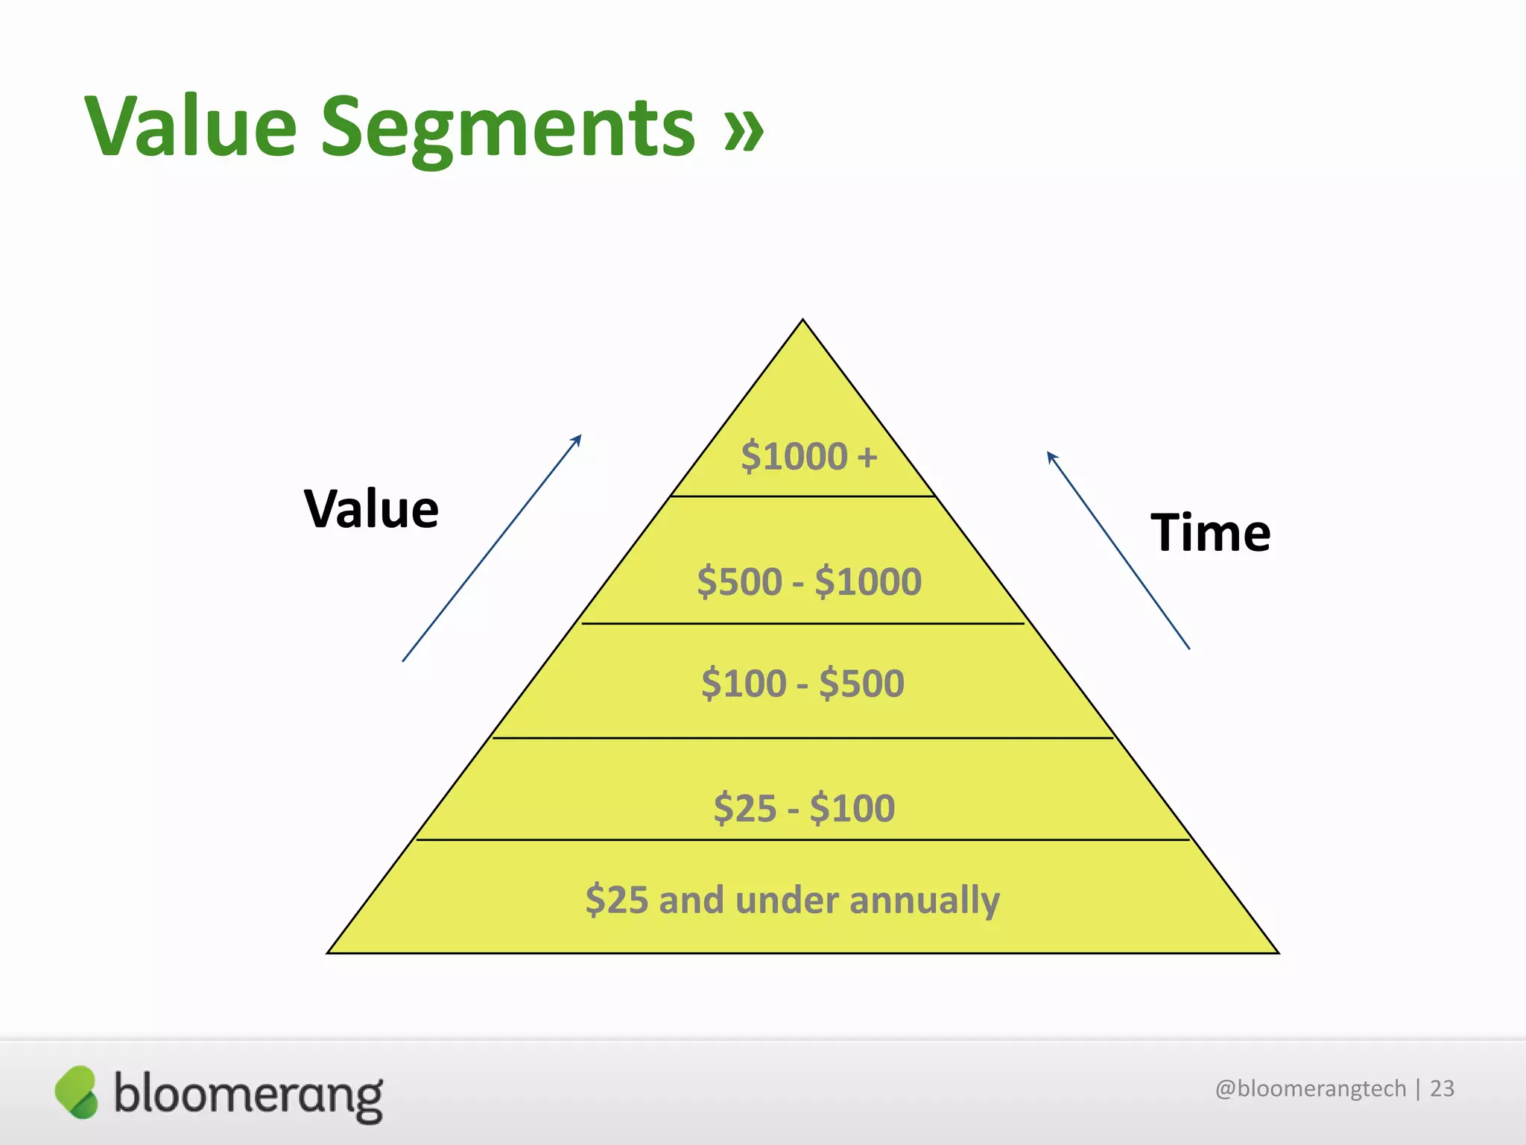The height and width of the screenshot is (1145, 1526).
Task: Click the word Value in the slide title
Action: (191, 127)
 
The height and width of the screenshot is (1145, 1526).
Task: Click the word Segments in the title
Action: (507, 128)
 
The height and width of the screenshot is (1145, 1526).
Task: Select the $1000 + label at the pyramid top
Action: (808, 456)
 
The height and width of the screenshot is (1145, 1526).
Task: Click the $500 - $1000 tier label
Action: (808, 581)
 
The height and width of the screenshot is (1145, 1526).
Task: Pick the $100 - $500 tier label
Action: (802, 684)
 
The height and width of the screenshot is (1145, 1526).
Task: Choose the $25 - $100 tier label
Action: (804, 808)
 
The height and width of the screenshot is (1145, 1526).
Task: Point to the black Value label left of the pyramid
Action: (371, 509)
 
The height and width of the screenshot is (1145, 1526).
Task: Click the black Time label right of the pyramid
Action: (1210, 533)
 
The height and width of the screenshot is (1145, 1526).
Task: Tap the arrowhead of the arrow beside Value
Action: (577, 438)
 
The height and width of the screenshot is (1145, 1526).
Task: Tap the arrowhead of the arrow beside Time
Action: (1051, 455)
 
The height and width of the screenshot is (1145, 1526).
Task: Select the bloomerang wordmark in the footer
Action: (248, 1094)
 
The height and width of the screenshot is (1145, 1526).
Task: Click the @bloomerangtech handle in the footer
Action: (1310, 1089)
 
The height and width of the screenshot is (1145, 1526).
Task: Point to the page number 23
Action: (1442, 1089)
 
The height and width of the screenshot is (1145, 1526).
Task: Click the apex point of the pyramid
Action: (802, 321)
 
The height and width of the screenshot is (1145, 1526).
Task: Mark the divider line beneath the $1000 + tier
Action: (802, 496)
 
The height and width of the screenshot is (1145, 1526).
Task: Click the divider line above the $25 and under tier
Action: (802, 839)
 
